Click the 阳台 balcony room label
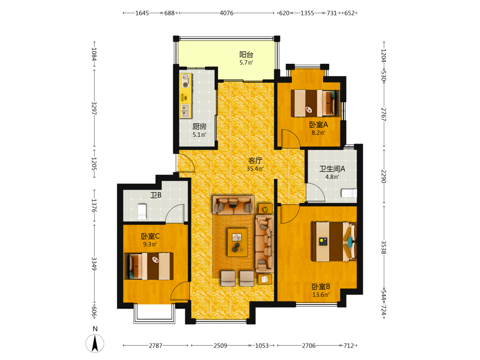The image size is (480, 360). pyautogui.click(x=246, y=55)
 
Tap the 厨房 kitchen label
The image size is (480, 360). pyautogui.click(x=199, y=126)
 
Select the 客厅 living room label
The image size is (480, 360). pyautogui.click(x=255, y=161)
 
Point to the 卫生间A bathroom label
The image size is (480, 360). pyautogui.click(x=332, y=168)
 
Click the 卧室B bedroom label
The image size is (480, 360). pyautogui.click(x=321, y=287)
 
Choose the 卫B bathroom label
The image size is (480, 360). pyautogui.click(x=156, y=195)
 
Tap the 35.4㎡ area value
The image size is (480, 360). pyautogui.click(x=255, y=168)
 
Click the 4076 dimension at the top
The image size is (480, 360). pyautogui.click(x=227, y=13)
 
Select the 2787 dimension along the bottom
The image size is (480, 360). pyautogui.click(x=156, y=346)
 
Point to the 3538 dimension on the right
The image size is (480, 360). pyautogui.click(x=384, y=247)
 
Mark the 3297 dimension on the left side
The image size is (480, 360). pyautogui.click(x=94, y=108)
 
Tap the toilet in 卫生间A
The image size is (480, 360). pyautogui.click(x=349, y=193)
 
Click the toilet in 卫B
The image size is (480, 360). pyautogui.click(x=142, y=212)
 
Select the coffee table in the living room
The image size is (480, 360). pyautogui.click(x=237, y=242)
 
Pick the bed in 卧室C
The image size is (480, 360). pyautogui.click(x=149, y=266)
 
